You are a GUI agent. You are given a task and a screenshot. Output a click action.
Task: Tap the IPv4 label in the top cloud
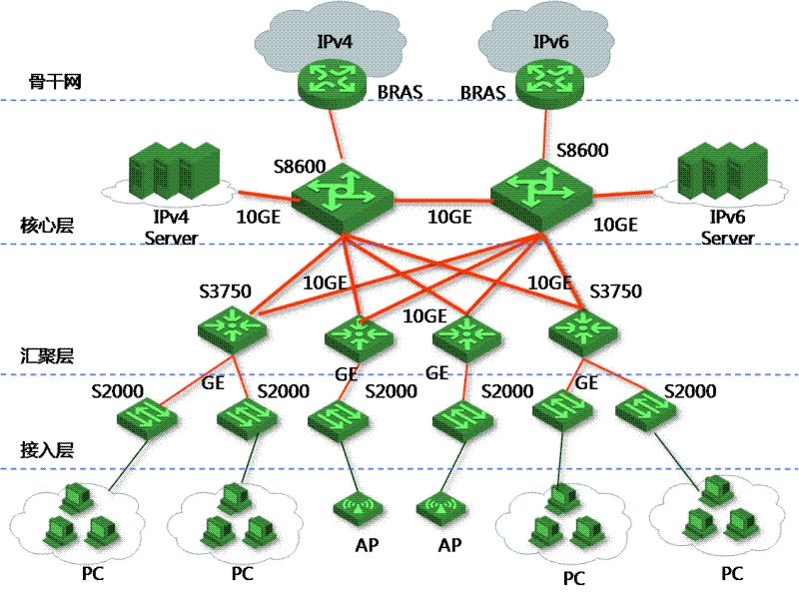(336, 42)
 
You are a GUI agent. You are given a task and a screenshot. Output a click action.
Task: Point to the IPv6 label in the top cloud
(551, 42)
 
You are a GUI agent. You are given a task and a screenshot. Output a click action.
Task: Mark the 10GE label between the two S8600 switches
(449, 217)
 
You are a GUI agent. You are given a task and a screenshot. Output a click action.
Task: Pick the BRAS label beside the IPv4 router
(399, 92)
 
